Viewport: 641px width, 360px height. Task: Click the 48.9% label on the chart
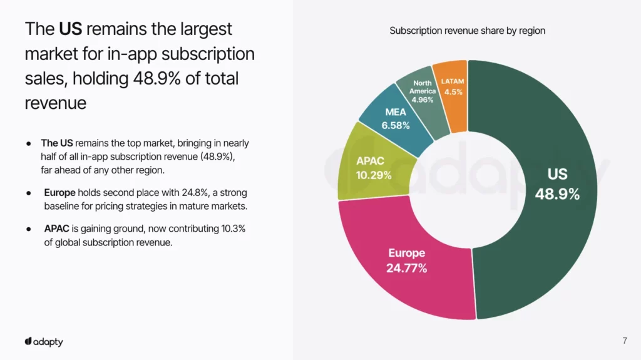pos(557,195)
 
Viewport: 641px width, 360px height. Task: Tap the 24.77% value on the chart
pos(407,269)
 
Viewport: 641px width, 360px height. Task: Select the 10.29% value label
pos(374,175)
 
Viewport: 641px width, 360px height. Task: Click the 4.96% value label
pos(423,100)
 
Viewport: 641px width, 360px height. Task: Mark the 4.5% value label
pos(453,92)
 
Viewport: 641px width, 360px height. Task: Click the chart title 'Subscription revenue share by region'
pos(467,31)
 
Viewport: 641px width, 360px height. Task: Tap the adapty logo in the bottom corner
pos(44,341)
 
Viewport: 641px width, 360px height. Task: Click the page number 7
pos(625,341)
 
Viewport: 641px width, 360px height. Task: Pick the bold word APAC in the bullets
pos(56,229)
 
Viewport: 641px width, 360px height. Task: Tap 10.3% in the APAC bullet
pos(232,229)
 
